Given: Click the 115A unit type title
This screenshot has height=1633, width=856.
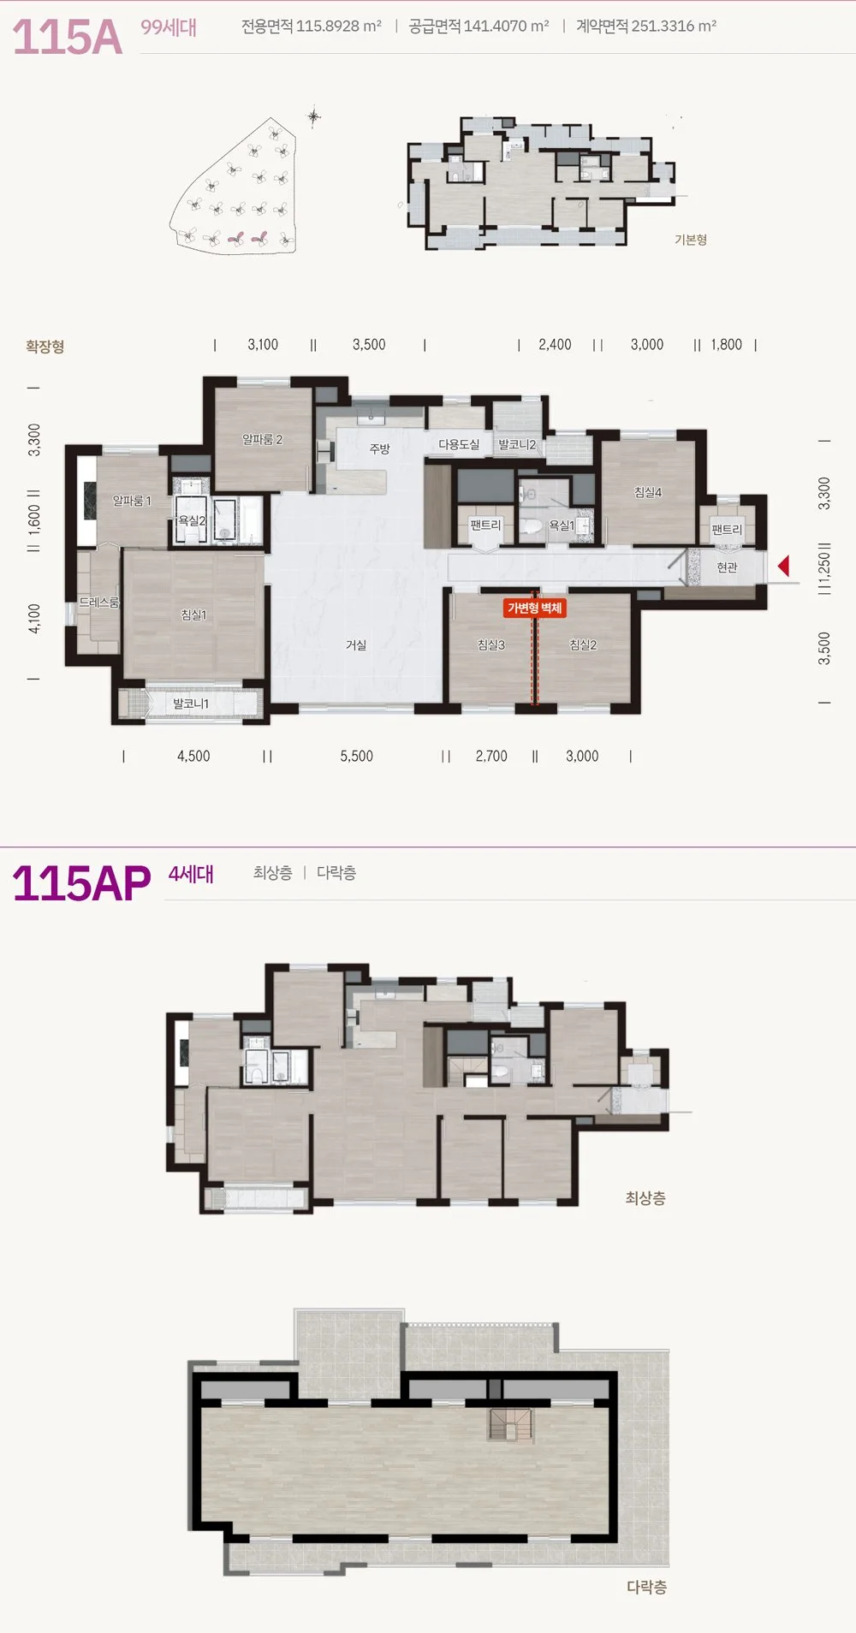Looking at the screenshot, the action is [x=67, y=36].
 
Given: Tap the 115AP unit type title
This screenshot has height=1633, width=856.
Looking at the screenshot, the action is [x=81, y=883].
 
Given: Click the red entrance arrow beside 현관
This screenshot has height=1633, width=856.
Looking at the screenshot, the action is [x=783, y=566].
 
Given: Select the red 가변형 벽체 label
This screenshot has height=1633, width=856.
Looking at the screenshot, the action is [x=535, y=608].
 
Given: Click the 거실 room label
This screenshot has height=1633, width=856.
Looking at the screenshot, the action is [x=356, y=644].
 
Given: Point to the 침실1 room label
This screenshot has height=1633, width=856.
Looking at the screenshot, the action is [x=193, y=615].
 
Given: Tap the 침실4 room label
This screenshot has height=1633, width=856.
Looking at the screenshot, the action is [x=648, y=492].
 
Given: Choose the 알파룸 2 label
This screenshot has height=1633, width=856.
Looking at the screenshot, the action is [x=262, y=439].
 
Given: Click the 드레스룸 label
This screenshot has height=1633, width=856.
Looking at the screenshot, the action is [x=98, y=602].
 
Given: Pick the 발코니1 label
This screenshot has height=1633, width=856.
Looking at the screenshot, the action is [x=191, y=704].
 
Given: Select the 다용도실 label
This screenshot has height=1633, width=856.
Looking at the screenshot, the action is [x=459, y=444].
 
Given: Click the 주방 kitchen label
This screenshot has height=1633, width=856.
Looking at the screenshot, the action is [x=379, y=448].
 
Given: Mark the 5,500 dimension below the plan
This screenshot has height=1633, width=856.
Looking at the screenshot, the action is [x=356, y=756].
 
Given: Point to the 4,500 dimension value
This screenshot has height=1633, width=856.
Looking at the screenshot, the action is [x=193, y=756].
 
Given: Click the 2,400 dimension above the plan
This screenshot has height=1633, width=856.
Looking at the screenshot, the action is [x=555, y=344].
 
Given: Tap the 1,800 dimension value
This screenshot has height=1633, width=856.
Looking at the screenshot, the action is [x=726, y=344].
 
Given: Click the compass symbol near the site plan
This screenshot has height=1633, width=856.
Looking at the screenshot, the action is [x=314, y=116].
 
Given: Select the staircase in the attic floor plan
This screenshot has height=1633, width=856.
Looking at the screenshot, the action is [x=511, y=1425].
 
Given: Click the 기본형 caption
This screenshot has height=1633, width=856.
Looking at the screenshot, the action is [x=691, y=240].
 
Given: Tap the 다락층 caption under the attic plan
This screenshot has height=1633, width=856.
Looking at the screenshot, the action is [x=646, y=1587].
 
